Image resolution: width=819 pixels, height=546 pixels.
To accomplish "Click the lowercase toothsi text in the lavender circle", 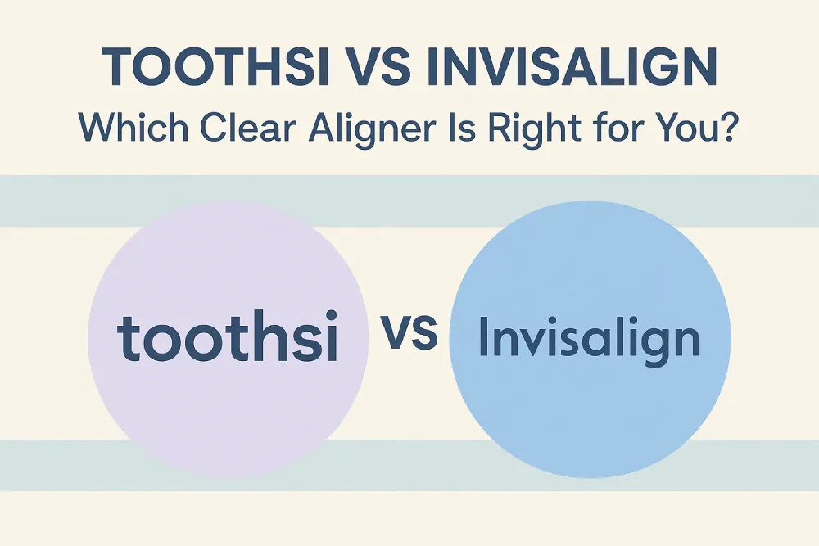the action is pyautogui.click(x=227, y=336).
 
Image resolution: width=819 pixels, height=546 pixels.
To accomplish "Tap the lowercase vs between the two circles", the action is pyautogui.click(x=409, y=332).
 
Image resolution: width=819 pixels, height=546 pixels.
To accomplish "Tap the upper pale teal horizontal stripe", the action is pyautogui.click(x=409, y=201).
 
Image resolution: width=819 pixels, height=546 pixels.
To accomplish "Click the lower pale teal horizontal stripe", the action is pyautogui.click(x=409, y=465).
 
